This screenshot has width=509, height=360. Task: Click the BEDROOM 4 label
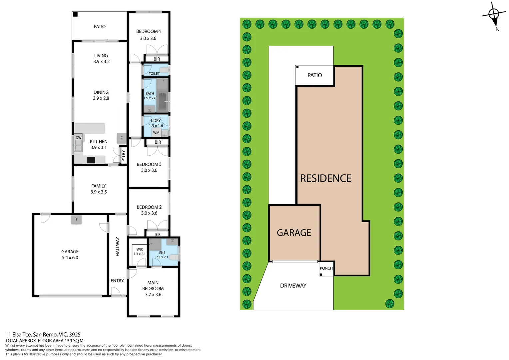148,31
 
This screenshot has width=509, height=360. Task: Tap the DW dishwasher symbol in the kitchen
78,138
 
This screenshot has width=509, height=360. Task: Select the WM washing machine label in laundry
156,133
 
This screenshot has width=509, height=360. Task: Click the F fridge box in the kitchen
122,138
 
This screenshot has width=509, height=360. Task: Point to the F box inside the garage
77,219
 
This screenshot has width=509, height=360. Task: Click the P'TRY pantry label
123,156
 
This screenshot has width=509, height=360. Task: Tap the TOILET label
154,74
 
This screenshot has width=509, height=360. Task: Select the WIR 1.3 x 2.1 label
140,252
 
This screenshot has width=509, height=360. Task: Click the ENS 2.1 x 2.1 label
162,255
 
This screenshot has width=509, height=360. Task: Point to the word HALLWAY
117,246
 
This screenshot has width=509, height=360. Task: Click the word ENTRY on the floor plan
117,281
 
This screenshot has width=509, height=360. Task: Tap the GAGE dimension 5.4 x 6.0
70,258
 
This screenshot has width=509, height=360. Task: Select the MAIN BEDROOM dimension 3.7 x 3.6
153,295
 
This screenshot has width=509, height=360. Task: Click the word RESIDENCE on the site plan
325,178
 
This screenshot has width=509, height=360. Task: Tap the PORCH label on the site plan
326,268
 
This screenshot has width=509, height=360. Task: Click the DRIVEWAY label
293,286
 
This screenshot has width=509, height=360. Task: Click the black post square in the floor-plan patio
75,14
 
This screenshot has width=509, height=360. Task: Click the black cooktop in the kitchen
91,160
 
